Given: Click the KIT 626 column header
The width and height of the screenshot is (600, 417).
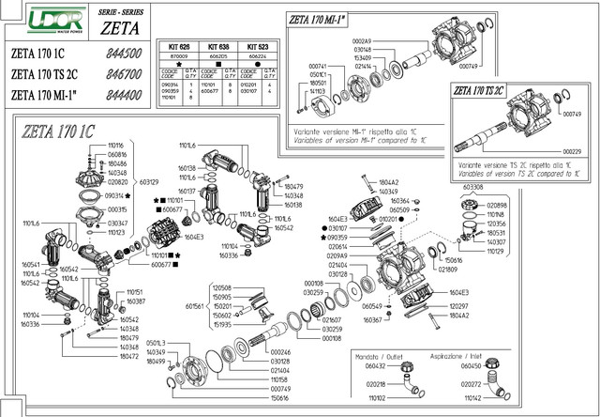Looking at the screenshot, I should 178,45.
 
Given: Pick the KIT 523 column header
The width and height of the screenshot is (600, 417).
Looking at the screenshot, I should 258,45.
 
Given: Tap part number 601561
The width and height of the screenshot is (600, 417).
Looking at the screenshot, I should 195,306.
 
